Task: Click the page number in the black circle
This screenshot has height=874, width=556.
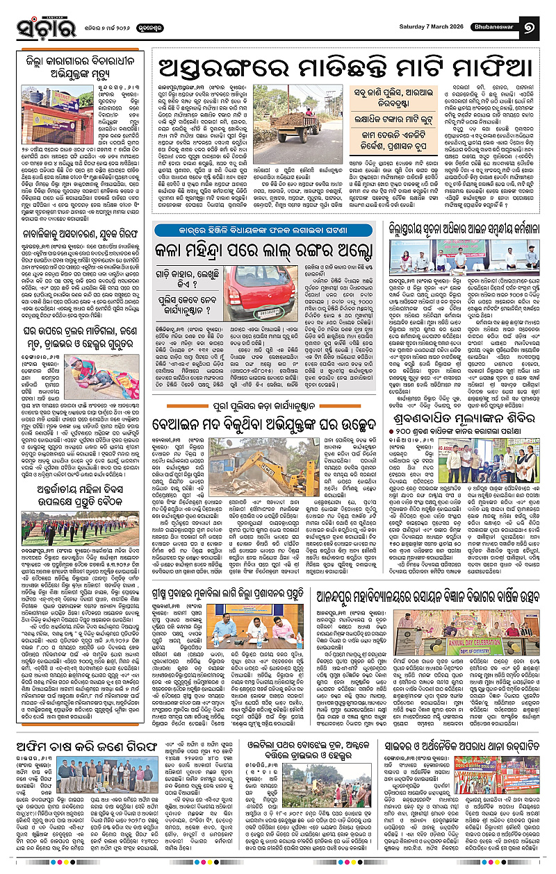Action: (537, 28)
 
